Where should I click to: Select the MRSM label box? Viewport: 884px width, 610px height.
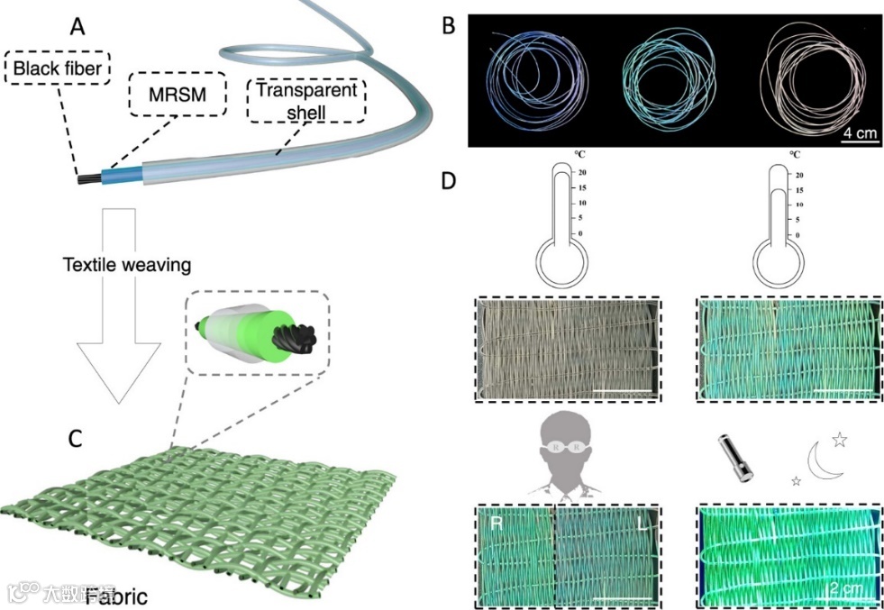point(177,94)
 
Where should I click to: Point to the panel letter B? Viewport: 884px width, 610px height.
point(447,24)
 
